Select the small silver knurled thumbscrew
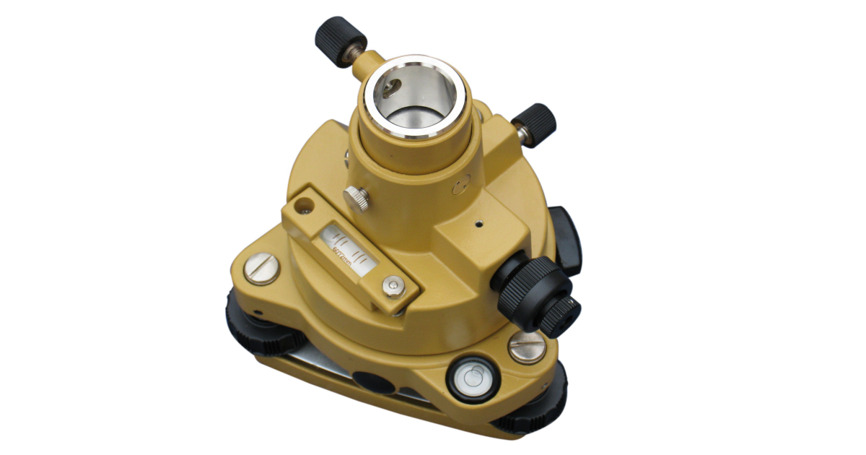tap(356, 198)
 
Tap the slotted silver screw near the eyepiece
tap(526, 347)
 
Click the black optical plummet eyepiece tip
tap(560, 316)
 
